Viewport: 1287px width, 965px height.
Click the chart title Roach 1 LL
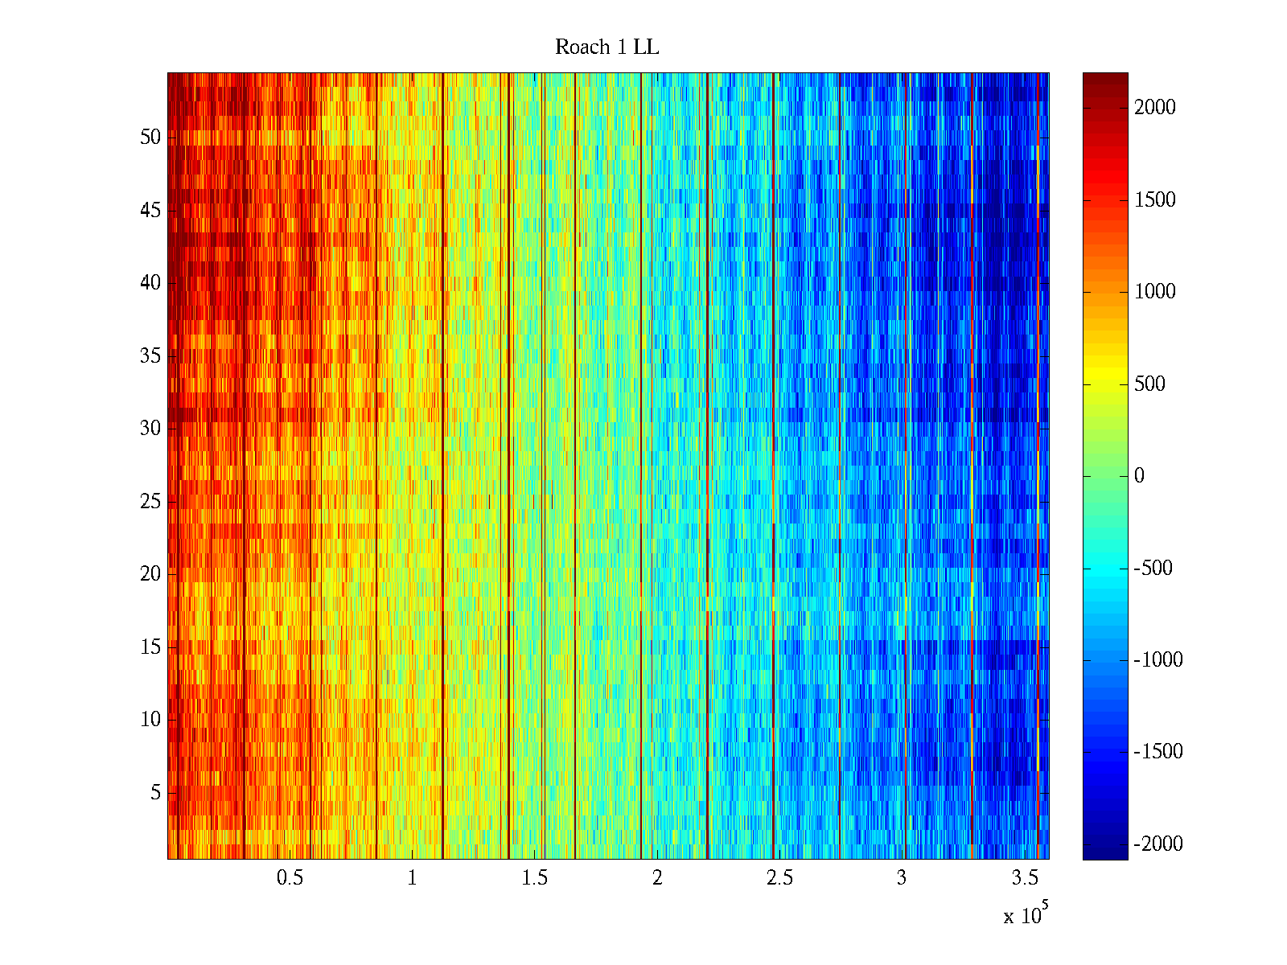click(x=606, y=47)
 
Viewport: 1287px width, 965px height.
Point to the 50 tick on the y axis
click(x=150, y=138)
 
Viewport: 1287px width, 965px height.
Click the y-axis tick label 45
click(x=150, y=211)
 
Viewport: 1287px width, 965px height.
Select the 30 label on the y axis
click(x=150, y=429)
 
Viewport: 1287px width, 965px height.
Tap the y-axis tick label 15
click(x=150, y=647)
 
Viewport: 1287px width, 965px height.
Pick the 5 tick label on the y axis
click(x=155, y=793)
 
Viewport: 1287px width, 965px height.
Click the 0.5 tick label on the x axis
click(x=290, y=878)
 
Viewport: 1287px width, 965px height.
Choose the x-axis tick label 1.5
click(x=535, y=878)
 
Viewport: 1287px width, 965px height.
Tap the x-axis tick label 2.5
click(x=779, y=878)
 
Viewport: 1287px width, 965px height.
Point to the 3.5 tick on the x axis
click(x=1024, y=878)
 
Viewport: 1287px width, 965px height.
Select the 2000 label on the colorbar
click(x=1154, y=108)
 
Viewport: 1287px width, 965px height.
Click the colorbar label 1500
click(x=1154, y=200)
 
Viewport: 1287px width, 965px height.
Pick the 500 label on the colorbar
click(x=1149, y=384)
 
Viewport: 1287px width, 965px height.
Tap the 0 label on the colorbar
click(x=1139, y=476)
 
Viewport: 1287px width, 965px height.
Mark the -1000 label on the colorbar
click(x=1158, y=660)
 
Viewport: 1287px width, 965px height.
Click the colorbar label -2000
click(x=1158, y=844)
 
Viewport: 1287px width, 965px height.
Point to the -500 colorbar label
click(x=1153, y=569)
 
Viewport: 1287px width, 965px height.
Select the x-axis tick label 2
click(x=657, y=878)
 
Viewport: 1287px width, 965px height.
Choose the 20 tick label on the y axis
click(x=150, y=574)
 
